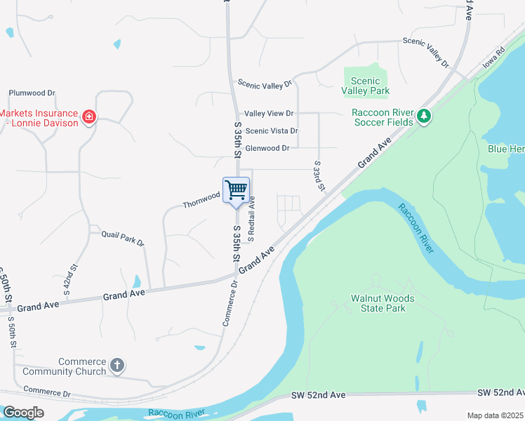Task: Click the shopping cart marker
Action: tap(236, 189)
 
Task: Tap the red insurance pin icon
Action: tap(89, 116)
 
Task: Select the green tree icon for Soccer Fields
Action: tap(423, 116)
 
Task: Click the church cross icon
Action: tap(117, 366)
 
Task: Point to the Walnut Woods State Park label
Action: tap(383, 303)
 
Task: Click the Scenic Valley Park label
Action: tap(365, 86)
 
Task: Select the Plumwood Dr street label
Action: tap(32, 93)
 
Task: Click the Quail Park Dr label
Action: tap(123, 239)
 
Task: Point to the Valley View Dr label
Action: tap(269, 113)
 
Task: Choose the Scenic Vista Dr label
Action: tap(272, 131)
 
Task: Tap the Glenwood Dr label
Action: tap(267, 148)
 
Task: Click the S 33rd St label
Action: tap(319, 176)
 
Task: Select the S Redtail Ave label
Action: tap(251, 215)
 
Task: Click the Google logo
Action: tap(23, 413)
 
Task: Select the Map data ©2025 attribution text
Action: tap(494, 415)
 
